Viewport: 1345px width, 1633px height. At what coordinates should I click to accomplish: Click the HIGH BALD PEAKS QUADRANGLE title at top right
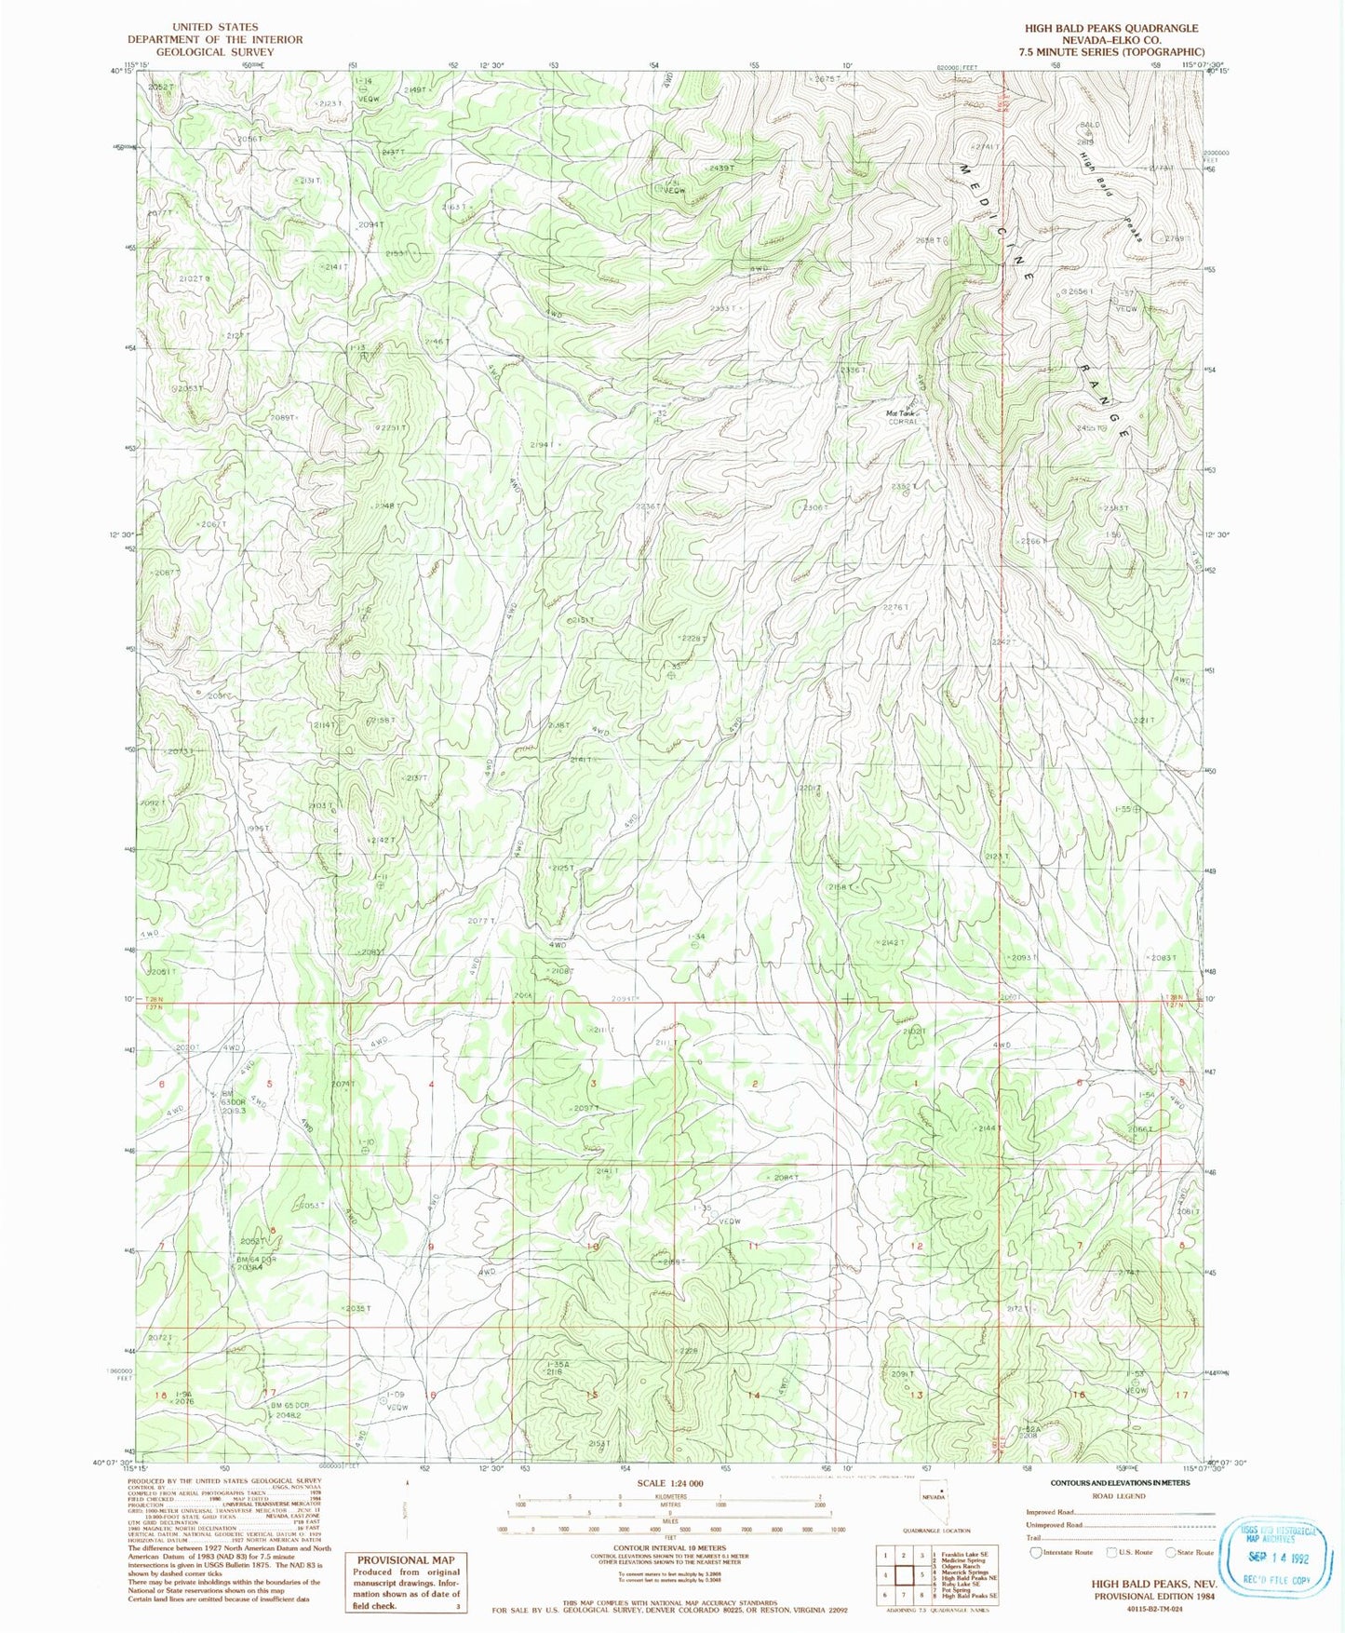tap(1111, 28)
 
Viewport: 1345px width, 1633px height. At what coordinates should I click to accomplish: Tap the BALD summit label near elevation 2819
tap(1089, 124)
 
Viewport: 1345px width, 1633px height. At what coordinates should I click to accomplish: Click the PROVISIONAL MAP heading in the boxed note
tap(405, 1559)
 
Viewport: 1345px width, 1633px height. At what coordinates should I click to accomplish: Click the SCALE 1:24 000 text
tap(670, 1483)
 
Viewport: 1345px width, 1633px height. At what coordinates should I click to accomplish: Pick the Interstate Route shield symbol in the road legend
tap(1035, 1552)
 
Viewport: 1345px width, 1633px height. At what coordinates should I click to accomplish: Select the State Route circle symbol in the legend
tap(1171, 1552)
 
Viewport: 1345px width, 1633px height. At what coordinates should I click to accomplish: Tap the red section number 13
tap(917, 1395)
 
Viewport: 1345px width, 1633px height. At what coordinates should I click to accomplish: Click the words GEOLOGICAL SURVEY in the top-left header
tap(215, 52)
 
